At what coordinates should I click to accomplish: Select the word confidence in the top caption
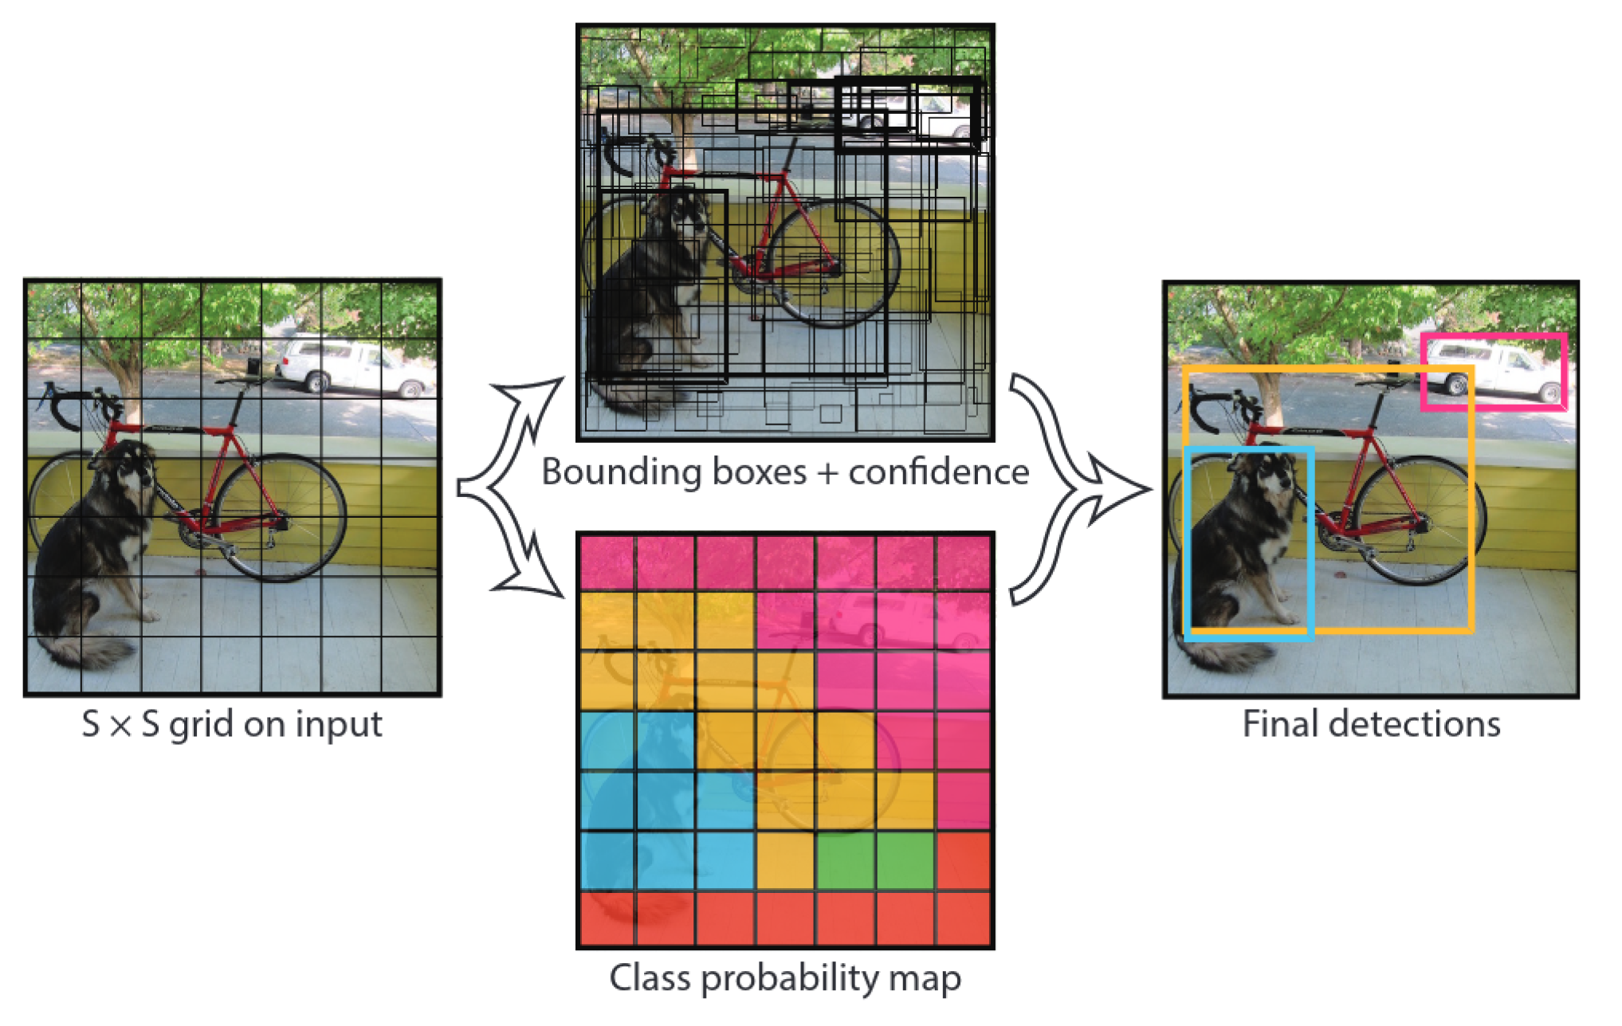tap(938, 472)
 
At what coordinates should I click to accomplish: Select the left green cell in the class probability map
tap(845, 860)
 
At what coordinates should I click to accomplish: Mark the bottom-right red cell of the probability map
tap(964, 919)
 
